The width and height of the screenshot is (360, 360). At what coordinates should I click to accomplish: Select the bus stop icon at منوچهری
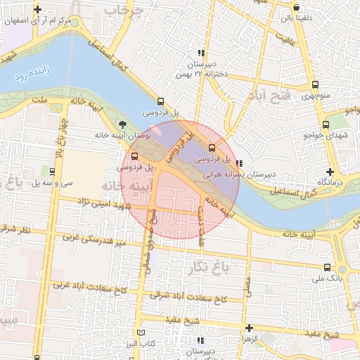(x=314, y=85)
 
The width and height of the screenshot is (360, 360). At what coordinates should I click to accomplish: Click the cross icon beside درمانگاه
(x=330, y=172)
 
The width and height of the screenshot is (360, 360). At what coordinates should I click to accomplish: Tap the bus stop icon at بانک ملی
(x=327, y=268)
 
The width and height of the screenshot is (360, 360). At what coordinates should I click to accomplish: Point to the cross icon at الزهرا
(x=250, y=328)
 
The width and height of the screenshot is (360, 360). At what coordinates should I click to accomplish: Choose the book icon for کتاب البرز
(x=143, y=332)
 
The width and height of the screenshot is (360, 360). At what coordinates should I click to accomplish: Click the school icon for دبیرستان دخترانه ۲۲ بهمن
(x=201, y=53)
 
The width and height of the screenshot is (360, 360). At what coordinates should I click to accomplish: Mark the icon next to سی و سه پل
(x=53, y=171)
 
